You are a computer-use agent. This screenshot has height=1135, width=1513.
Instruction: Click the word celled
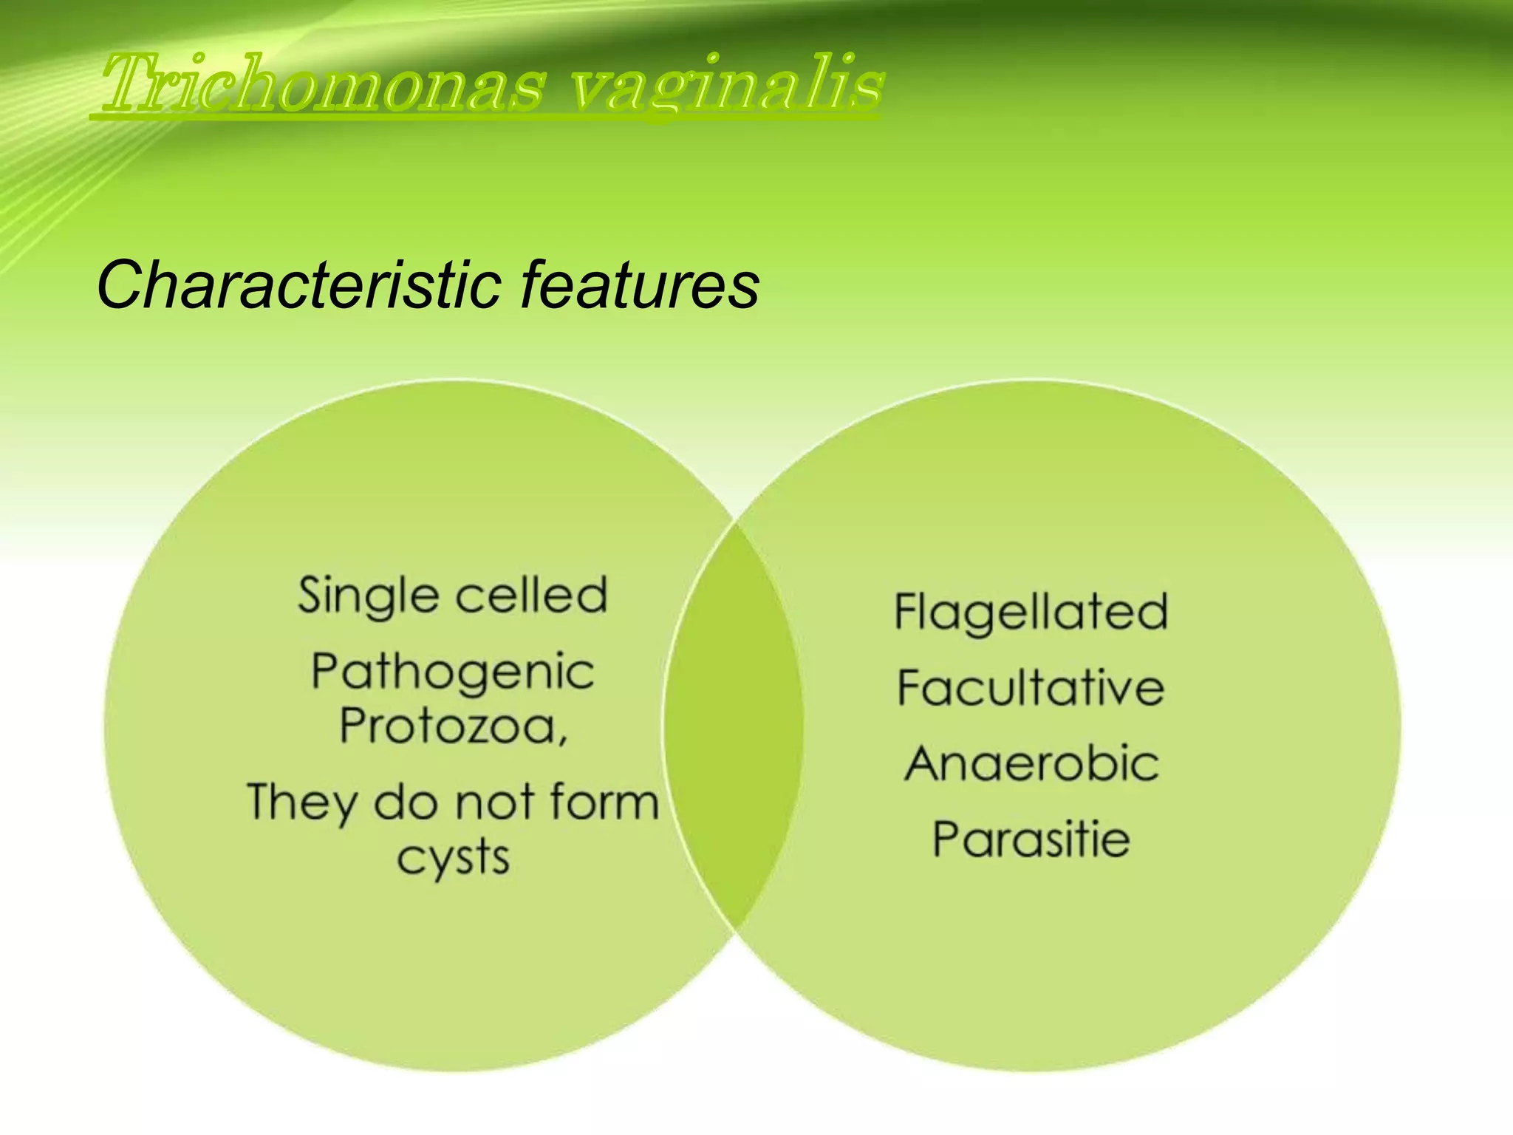[x=530, y=596]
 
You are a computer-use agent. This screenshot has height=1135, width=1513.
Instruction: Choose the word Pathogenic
[x=452, y=672]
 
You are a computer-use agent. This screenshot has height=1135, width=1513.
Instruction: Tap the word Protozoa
[x=447, y=726]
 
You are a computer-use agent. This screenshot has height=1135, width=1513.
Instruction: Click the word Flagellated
[x=1031, y=613]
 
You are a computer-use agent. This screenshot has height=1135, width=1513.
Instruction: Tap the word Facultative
[x=1031, y=688]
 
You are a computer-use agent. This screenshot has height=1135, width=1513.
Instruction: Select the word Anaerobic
[x=1031, y=764]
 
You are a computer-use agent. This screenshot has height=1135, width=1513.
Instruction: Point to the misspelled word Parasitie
[x=1031, y=839]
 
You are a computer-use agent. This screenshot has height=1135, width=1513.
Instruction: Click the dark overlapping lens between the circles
[x=733, y=724]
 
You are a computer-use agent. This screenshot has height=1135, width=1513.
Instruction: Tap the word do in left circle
[x=405, y=802]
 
